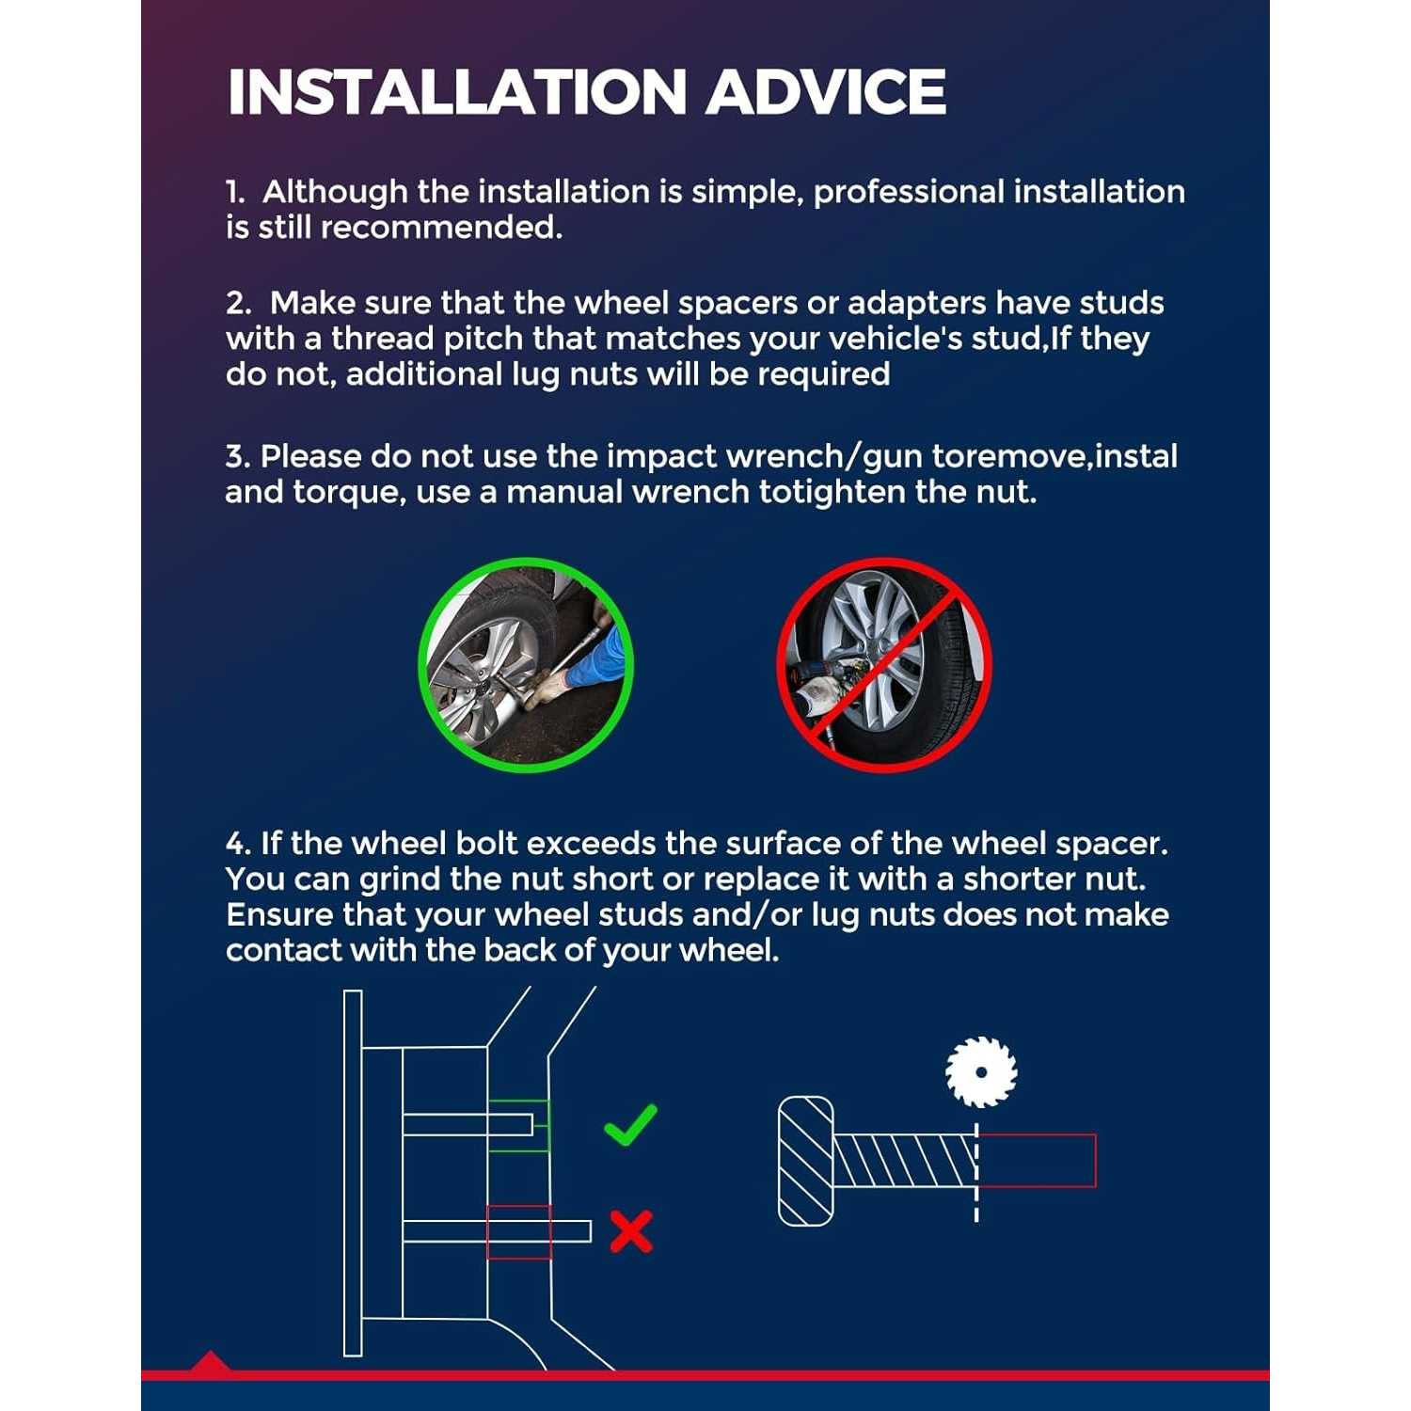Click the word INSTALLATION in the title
pos(457,92)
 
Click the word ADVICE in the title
pos(826,92)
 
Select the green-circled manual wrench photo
pos(526,665)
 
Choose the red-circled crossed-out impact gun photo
pos(884,665)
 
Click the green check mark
pos(630,1125)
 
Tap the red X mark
pos(631,1231)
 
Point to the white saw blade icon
pos(981,1072)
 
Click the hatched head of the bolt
pos(806,1161)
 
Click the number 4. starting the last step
pos(238,843)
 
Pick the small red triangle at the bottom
pos(210,1362)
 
